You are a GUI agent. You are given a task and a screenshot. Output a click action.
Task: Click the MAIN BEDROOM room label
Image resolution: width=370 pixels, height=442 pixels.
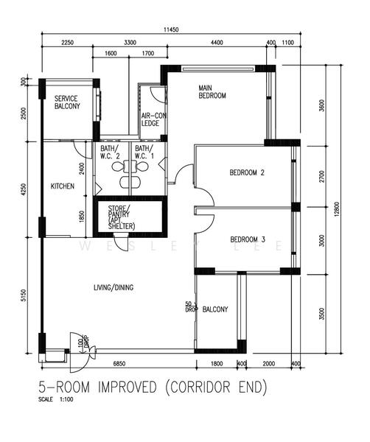pos(212,92)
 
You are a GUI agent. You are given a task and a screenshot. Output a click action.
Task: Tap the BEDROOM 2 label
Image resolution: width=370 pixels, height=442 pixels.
pos(247,173)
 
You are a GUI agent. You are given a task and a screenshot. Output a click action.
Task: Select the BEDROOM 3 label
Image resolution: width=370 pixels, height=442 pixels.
pos(247,239)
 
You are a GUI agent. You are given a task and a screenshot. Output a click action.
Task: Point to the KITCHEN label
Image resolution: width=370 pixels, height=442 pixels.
pos(62,187)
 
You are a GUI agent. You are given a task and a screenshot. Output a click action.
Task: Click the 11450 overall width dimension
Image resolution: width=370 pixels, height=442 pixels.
pos(171,30)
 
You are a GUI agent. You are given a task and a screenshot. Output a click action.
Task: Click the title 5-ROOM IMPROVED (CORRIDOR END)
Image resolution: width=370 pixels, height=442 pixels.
pos(152,386)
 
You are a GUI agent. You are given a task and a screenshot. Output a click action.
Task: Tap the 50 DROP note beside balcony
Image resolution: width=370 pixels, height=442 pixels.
pos(189,306)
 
